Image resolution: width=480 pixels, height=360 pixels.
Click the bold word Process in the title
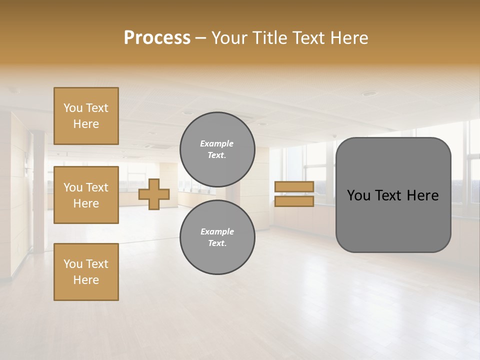tap(157, 38)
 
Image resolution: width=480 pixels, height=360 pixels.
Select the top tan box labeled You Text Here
tap(86, 116)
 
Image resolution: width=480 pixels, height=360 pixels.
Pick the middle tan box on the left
tap(86, 195)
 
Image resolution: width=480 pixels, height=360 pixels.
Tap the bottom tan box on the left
tap(86, 272)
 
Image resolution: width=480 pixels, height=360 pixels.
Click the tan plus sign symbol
tap(154, 194)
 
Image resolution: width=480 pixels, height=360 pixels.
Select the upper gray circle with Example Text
tap(217, 149)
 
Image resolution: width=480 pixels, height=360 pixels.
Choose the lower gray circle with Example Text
tap(217, 237)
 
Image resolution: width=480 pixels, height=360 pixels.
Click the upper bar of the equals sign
tap(294, 187)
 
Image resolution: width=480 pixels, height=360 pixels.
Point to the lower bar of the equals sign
tap(294, 201)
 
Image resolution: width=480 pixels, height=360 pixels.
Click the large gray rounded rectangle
tap(393, 220)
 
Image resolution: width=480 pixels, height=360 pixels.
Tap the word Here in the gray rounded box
tap(422, 195)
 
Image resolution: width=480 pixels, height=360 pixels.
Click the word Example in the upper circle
tap(217, 143)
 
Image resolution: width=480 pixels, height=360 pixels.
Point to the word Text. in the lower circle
tap(217, 243)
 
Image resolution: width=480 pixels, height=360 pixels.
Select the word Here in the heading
tap(348, 38)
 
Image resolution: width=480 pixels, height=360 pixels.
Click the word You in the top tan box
tap(73, 108)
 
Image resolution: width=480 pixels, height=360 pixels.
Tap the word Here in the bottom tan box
tap(86, 280)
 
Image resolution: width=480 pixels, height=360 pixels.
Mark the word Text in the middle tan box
tap(97, 187)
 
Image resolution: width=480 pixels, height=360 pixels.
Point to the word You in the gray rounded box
tap(359, 195)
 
